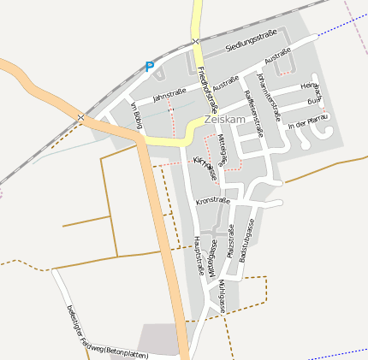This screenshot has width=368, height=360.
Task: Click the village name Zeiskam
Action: point(225,121)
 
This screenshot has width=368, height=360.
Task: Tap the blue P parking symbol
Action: point(150,66)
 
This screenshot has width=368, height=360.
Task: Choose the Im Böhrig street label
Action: point(135,116)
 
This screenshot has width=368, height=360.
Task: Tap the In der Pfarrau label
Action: point(308,126)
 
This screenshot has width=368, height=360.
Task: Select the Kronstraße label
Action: point(212,202)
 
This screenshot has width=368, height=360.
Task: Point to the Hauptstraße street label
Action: point(198,255)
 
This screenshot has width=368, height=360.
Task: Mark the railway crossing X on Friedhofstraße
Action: point(196,40)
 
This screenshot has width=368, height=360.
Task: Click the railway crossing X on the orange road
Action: point(80,116)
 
